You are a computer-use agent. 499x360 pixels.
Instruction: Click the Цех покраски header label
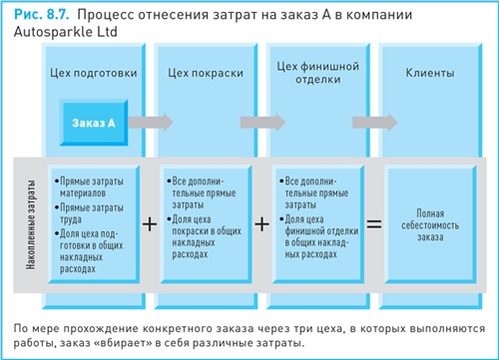[204, 74]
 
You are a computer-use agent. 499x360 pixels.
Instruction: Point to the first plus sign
[150, 224]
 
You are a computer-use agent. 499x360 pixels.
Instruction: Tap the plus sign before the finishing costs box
[262, 224]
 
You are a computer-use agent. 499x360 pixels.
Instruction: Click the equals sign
[374, 224]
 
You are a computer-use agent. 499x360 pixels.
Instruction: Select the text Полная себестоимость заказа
[430, 224]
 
